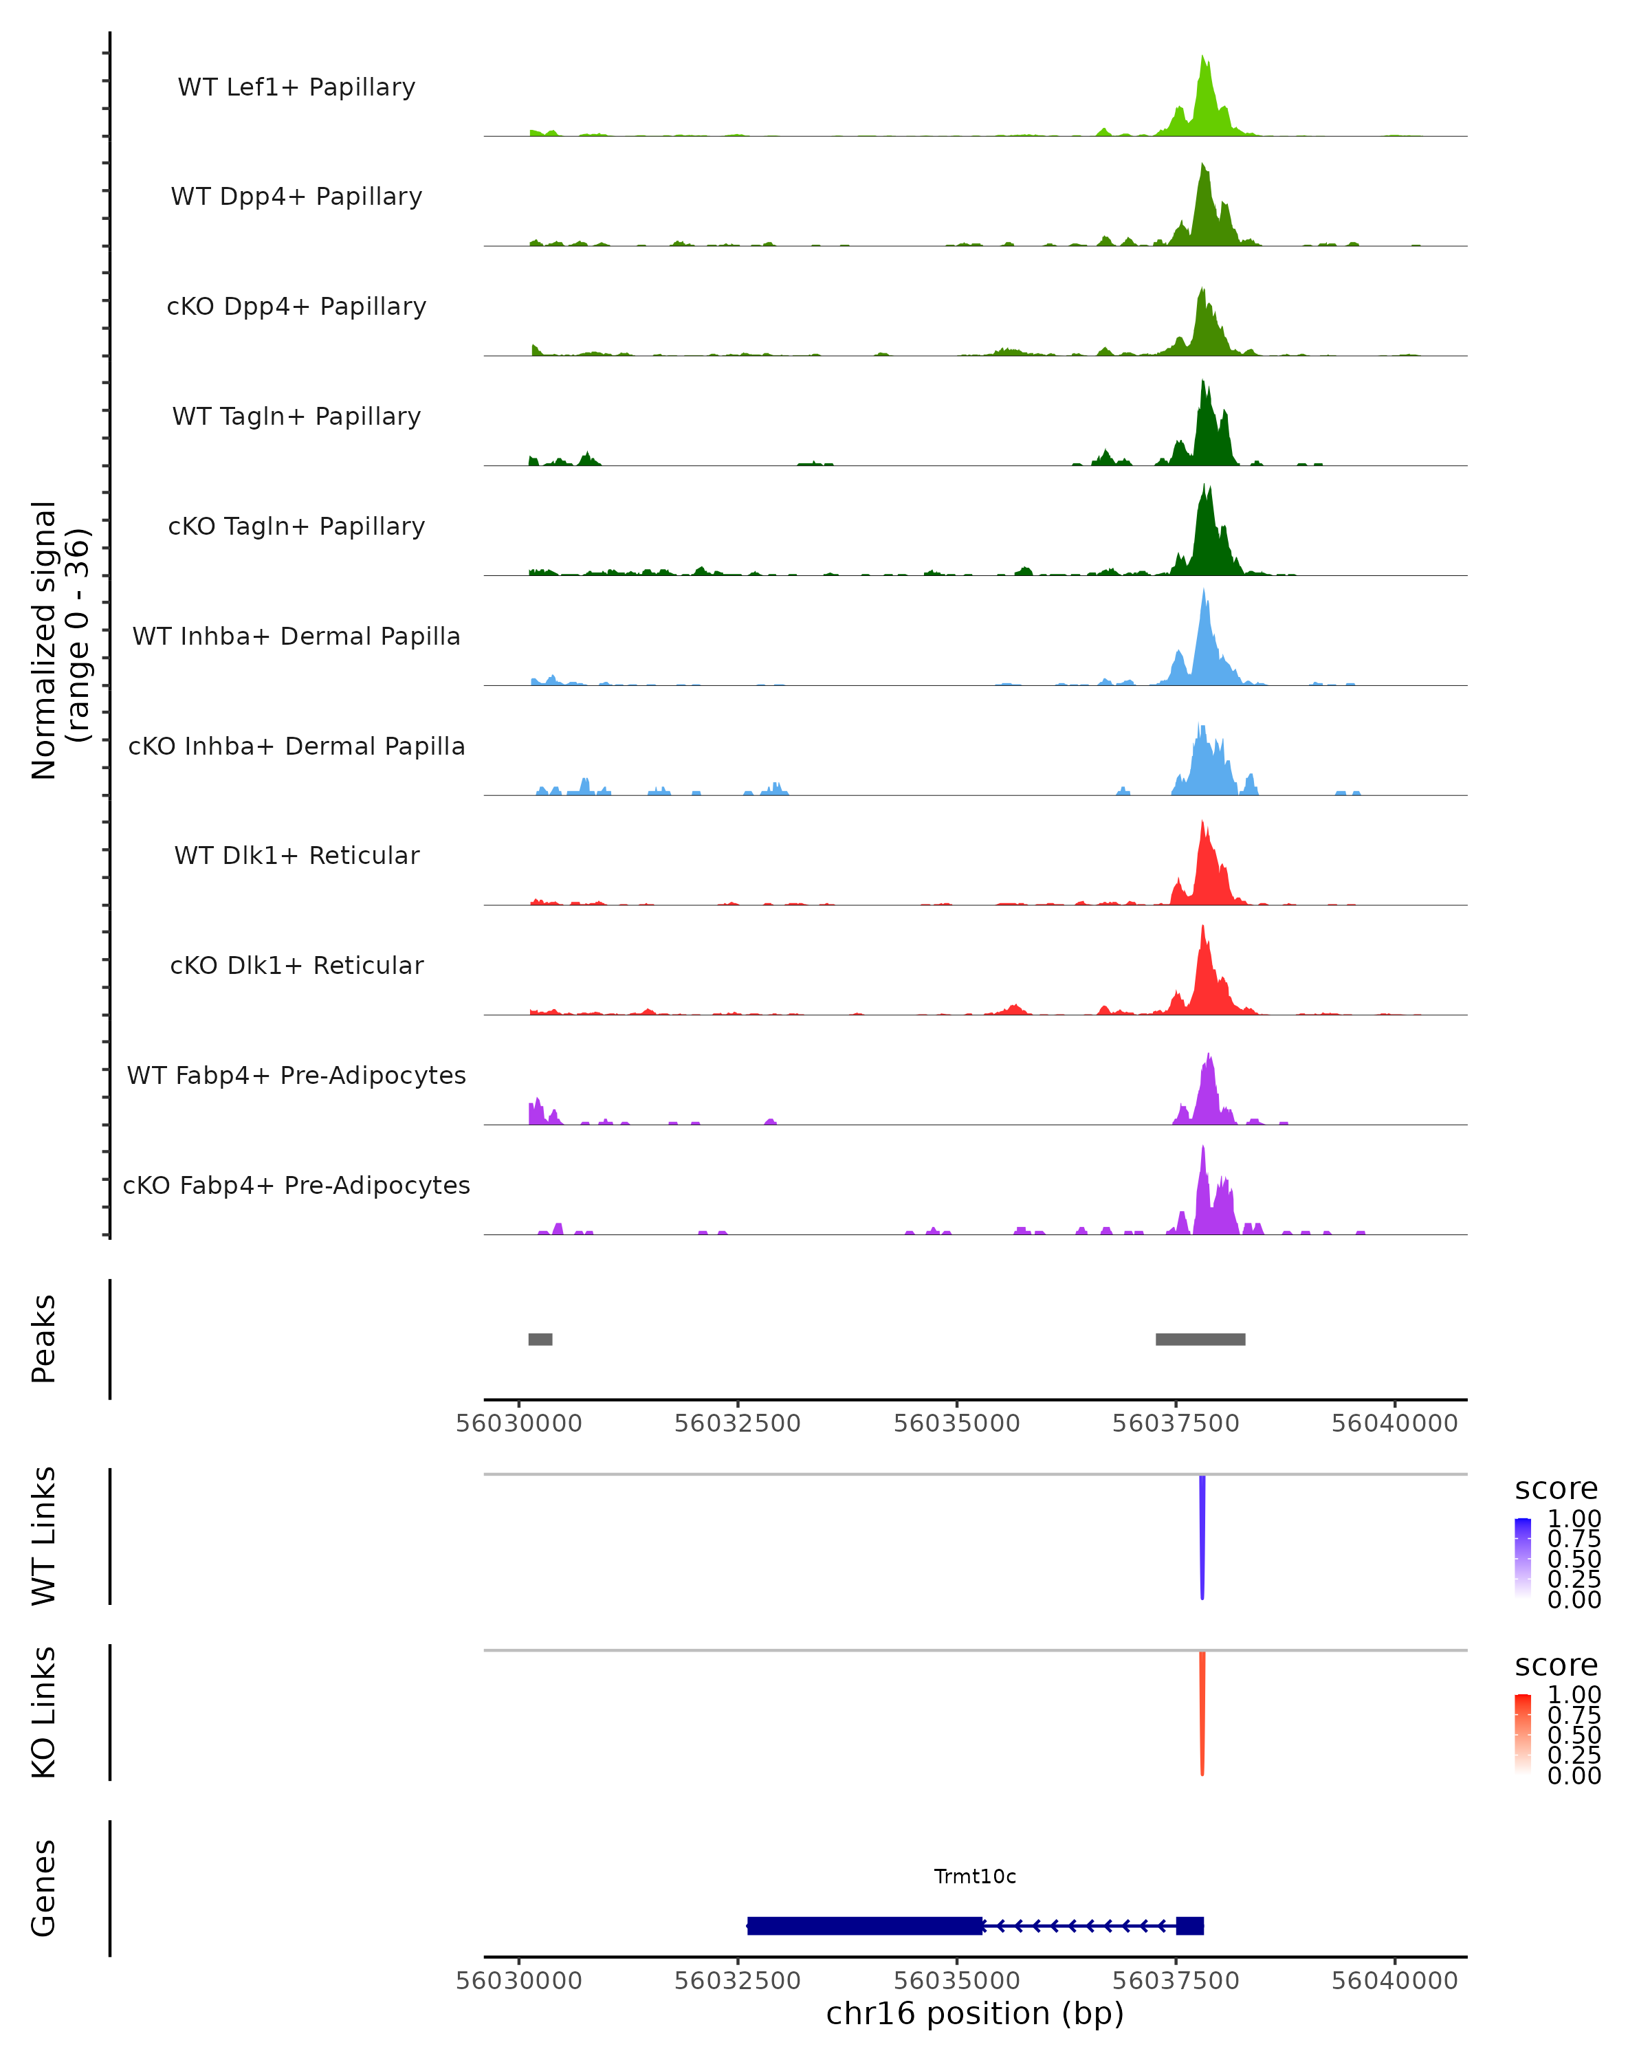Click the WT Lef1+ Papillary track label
pos(296,87)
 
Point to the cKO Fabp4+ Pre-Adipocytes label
pos(296,1185)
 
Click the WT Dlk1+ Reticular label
pos(296,855)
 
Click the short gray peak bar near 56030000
pos(540,1339)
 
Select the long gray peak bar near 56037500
pos(1200,1339)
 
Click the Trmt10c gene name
pos(975,1876)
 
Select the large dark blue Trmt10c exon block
pos(865,1925)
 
